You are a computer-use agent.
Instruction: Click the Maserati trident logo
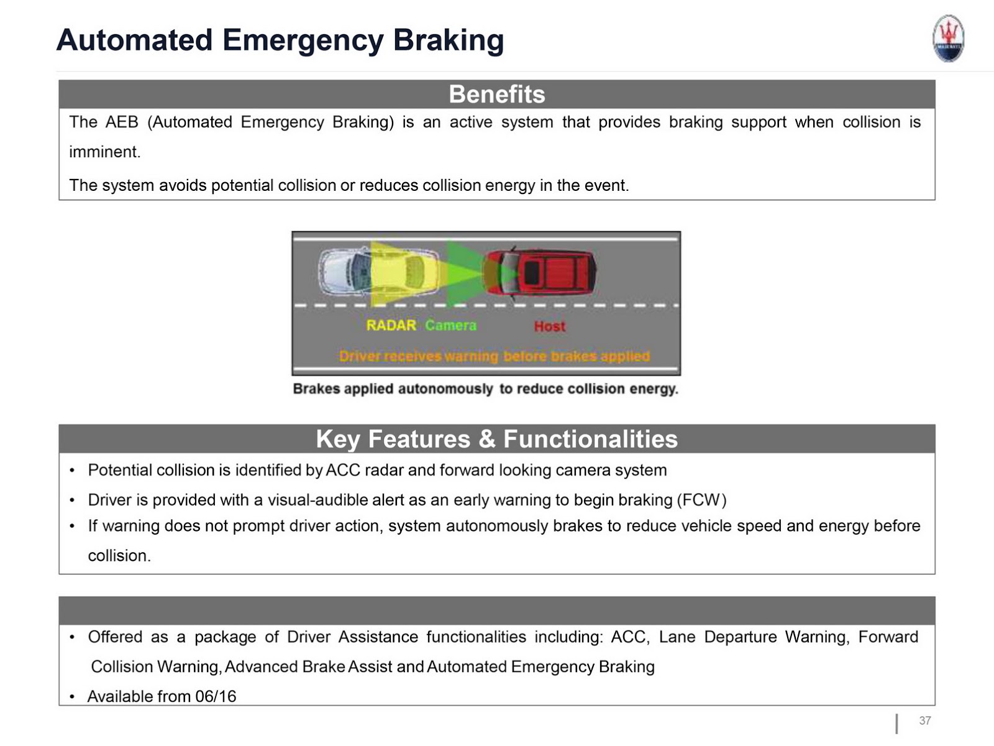[948, 39]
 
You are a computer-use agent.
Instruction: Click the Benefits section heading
[496, 94]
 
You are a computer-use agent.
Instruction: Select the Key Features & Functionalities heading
[496, 439]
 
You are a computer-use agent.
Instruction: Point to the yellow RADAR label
[391, 325]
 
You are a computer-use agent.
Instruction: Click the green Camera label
[451, 325]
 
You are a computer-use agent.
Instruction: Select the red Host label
[550, 326]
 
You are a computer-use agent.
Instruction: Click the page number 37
[925, 721]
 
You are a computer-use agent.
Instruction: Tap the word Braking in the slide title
[448, 40]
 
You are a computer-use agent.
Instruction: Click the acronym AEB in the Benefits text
[121, 122]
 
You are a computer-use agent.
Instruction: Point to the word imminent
[104, 152]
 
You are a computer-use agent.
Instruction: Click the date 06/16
[216, 696]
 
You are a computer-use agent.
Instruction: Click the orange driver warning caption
[495, 356]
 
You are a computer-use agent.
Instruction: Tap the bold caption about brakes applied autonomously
[485, 389]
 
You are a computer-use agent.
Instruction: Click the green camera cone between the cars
[463, 273]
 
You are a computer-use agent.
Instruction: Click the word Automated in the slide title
[134, 40]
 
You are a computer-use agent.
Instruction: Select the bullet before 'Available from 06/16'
[73, 697]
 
